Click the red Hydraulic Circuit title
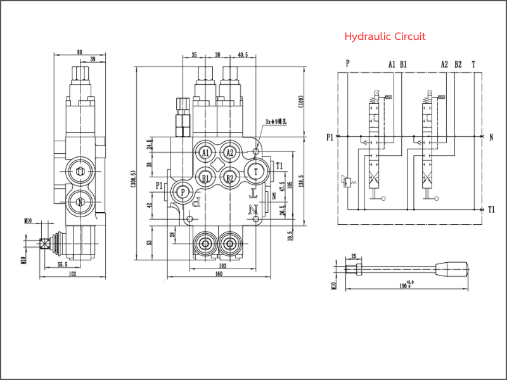[385, 37]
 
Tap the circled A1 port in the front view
[205, 153]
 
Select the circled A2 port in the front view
[230, 153]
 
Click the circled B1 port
[205, 179]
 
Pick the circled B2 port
[230, 179]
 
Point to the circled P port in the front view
[183, 191]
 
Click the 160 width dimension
[219, 274]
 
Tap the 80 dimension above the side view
[80, 52]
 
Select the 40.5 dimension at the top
[243, 54]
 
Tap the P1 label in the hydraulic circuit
[330, 137]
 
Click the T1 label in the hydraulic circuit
[491, 209]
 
